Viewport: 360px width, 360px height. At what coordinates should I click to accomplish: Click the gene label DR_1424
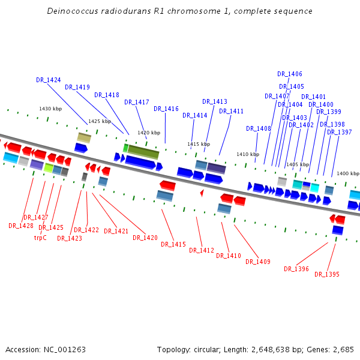pos(48,80)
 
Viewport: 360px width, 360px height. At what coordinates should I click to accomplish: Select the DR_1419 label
pos(77,87)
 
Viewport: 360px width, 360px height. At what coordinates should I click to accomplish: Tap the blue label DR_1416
pos(166,109)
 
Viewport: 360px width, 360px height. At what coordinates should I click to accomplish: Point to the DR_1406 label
pos(290,74)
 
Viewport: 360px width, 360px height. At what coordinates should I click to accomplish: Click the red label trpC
pos(40,237)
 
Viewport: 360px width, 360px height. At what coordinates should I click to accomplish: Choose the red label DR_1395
pos(327,274)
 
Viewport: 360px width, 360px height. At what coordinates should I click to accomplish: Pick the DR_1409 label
pos(258,261)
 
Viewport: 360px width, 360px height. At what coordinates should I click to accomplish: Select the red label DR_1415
pos(173,244)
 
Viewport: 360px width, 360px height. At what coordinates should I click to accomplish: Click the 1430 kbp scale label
pos(50,109)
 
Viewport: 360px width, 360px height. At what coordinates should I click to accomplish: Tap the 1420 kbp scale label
pos(149,133)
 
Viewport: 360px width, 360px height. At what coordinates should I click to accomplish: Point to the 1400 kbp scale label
pos(347,173)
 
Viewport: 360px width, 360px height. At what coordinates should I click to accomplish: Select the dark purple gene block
pos(216,168)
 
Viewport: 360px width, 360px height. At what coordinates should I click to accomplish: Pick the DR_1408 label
pos(259,128)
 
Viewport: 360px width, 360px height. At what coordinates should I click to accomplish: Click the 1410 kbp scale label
pos(248,154)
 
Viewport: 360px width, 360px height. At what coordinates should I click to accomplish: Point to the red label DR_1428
pos(21,226)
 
